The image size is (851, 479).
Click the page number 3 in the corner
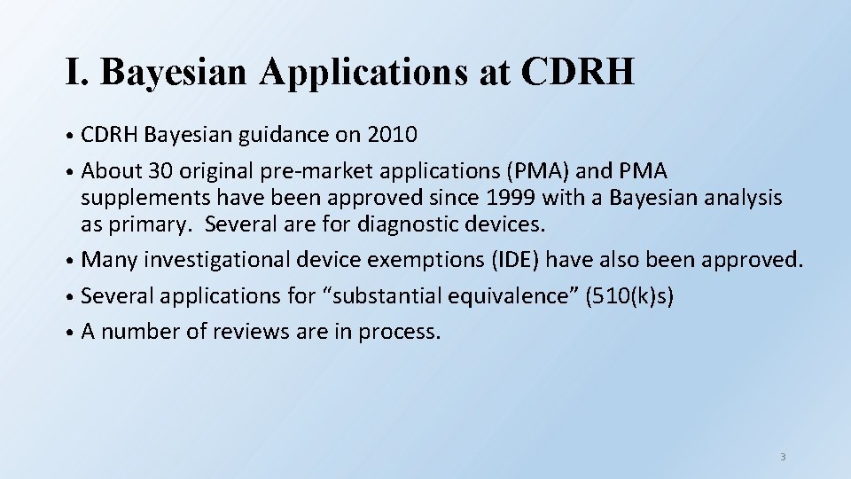(783, 457)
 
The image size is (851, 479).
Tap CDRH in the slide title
(578, 72)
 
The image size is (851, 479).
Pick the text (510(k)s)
(628, 295)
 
